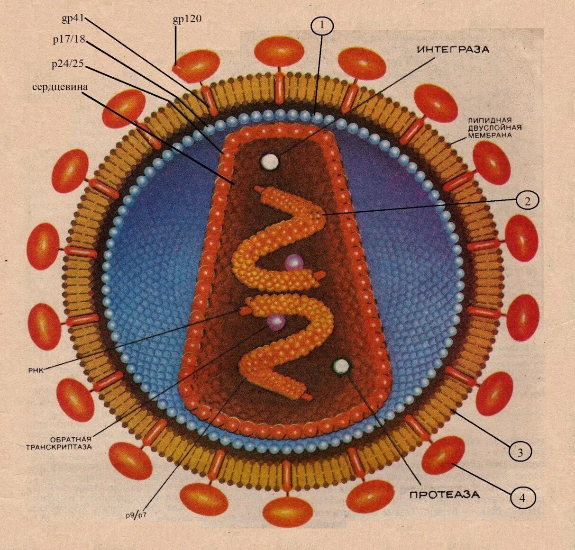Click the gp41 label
click(x=73, y=18)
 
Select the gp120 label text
click(x=187, y=19)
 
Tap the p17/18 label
click(x=69, y=40)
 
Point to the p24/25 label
click(x=67, y=63)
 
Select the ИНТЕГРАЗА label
click(x=453, y=49)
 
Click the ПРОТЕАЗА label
click(x=444, y=495)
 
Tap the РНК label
click(x=36, y=370)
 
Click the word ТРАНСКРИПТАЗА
click(x=58, y=447)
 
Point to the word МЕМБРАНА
click(x=490, y=135)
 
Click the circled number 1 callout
click(x=322, y=26)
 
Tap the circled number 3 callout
click(x=520, y=452)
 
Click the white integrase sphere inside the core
click(x=270, y=162)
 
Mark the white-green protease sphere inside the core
click(x=342, y=366)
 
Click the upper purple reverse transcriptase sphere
click(x=294, y=262)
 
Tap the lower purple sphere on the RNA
click(x=276, y=322)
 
